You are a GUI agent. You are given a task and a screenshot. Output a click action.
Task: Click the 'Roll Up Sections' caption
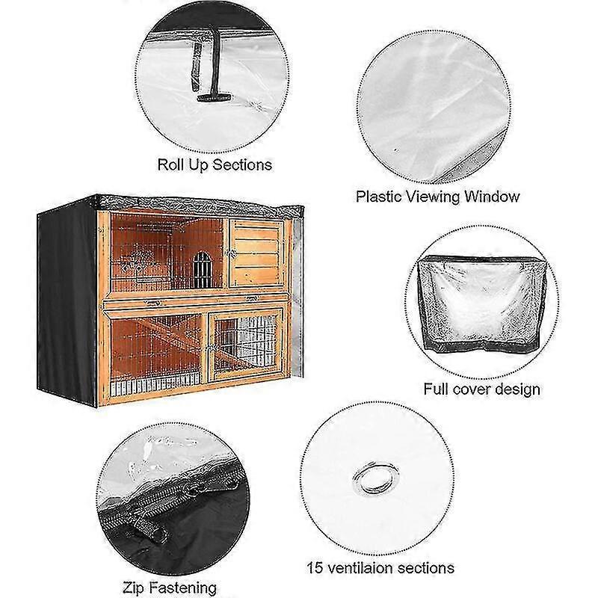[x=215, y=164]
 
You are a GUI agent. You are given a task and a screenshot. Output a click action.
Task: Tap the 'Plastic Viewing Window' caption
[x=437, y=197]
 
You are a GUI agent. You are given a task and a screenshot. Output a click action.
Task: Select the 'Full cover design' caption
[x=481, y=389]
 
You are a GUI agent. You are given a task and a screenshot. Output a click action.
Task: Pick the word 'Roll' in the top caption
[x=171, y=164]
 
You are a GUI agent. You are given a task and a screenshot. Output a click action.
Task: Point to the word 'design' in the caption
[x=517, y=389]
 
